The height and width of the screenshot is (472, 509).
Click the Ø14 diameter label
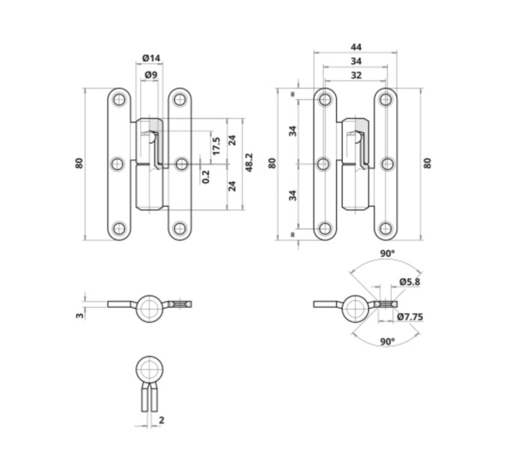151,58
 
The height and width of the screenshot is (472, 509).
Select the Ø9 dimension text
151,75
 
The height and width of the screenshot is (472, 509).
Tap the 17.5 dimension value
216,146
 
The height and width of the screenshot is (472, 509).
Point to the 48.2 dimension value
249,163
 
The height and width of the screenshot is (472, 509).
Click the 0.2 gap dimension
206,177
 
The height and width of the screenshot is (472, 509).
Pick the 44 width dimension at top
356,47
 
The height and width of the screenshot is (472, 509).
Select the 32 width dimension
356,76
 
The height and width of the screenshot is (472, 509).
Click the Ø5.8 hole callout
409,282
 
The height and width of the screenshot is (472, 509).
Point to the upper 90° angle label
388,254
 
